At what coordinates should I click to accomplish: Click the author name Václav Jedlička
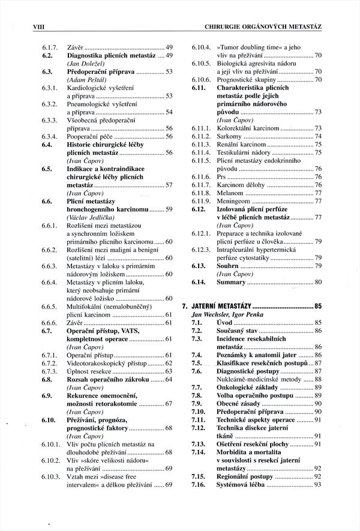click(87, 217)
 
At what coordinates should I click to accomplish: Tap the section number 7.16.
click(197, 484)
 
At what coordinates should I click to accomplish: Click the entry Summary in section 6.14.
click(231, 281)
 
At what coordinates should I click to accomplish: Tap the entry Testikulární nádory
click(241, 153)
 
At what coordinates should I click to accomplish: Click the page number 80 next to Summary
click(318, 281)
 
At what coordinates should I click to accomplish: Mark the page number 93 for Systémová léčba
click(318, 484)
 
